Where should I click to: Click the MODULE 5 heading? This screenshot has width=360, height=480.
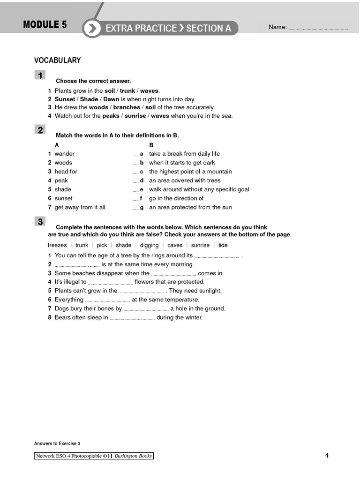(x=45, y=25)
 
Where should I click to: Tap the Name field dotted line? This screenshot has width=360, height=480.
(x=318, y=28)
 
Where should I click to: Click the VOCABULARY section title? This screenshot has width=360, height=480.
(x=57, y=60)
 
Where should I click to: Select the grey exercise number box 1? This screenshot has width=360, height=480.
(x=40, y=75)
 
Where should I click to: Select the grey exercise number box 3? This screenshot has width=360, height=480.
(x=40, y=222)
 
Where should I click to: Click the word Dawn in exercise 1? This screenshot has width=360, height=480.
(x=111, y=99)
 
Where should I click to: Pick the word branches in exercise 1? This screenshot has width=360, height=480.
(x=127, y=107)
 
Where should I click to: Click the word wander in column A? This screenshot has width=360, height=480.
(x=64, y=154)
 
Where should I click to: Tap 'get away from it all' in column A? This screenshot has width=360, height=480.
(x=80, y=207)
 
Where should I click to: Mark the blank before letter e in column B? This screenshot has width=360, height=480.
(x=135, y=190)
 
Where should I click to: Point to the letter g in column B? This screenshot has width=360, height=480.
(x=142, y=207)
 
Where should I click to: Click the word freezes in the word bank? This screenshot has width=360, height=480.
(x=57, y=245)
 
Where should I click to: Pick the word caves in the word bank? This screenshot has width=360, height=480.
(x=175, y=245)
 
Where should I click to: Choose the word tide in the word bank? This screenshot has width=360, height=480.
(x=223, y=245)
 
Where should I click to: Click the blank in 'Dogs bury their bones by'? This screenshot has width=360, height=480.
(x=146, y=309)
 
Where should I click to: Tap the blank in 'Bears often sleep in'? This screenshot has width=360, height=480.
(x=132, y=318)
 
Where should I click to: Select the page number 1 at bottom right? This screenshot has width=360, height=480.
(x=327, y=456)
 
